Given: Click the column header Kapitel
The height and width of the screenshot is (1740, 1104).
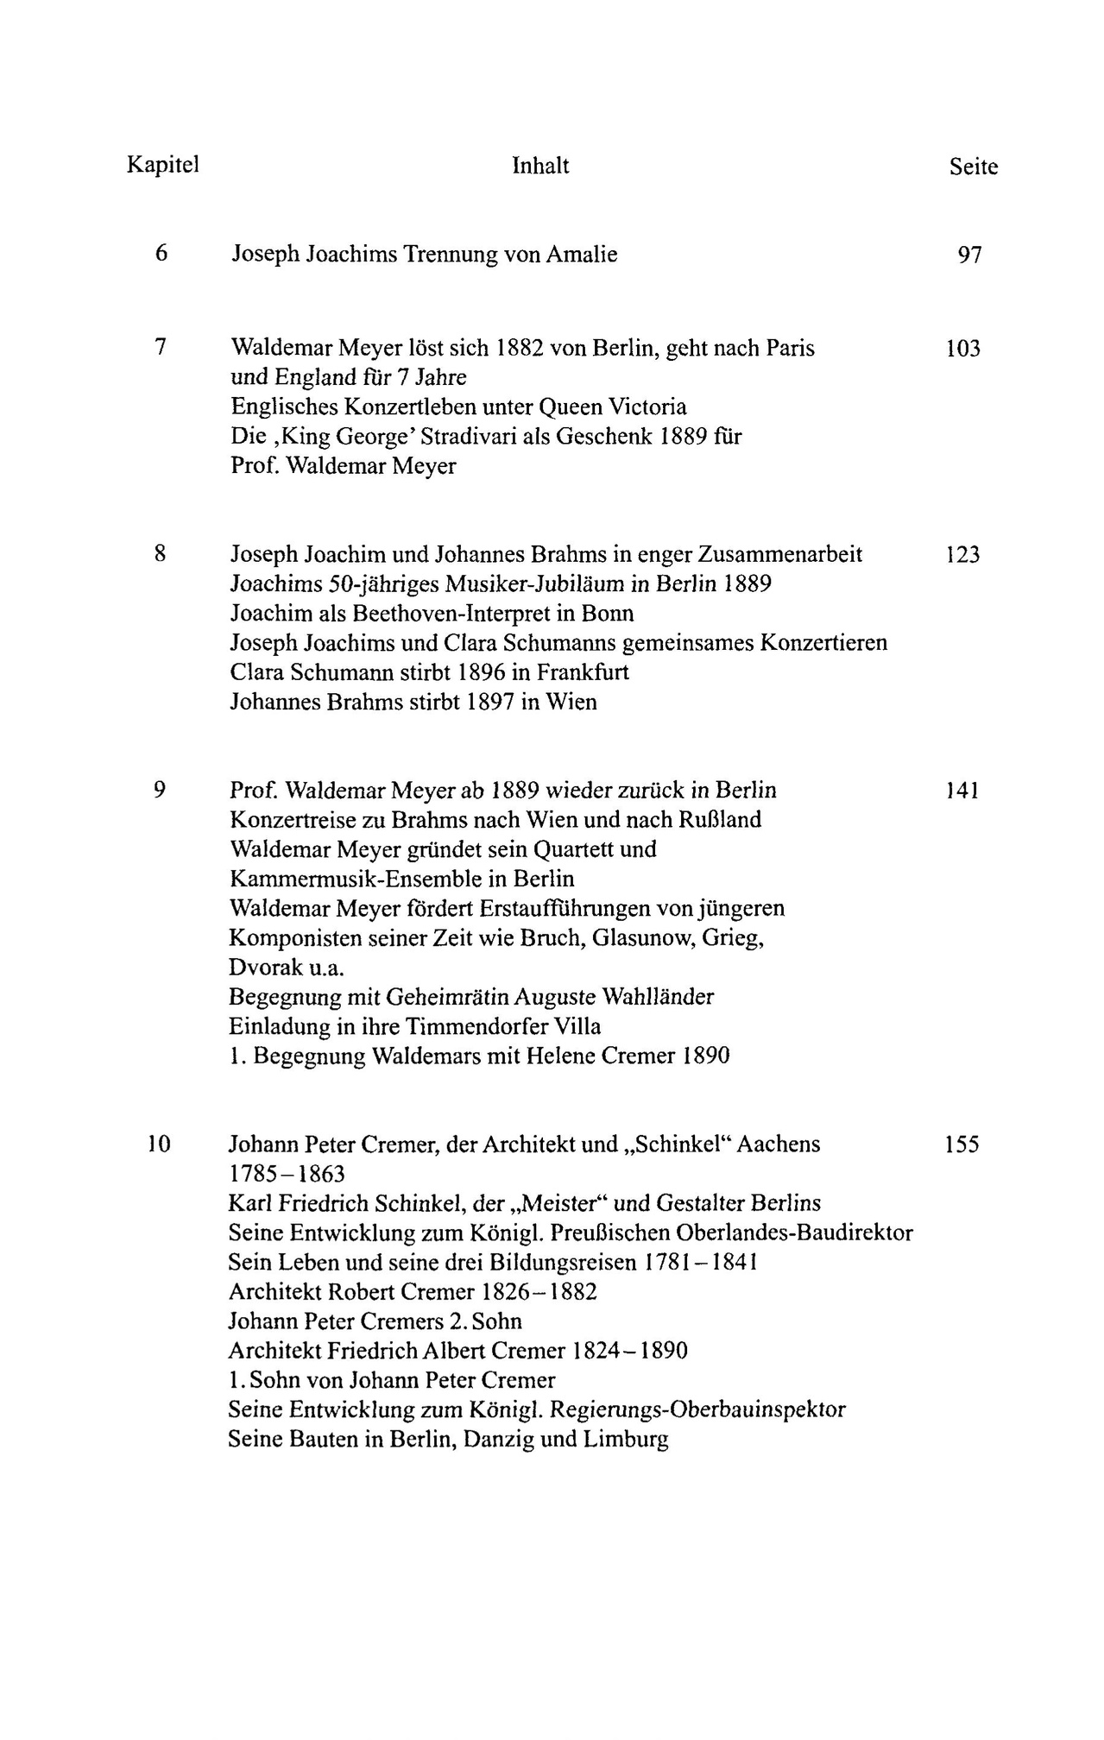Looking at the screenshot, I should [x=163, y=165].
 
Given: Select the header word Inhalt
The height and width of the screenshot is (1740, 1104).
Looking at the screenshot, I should [x=540, y=165].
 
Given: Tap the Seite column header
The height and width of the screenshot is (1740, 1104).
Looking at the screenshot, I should [x=973, y=167].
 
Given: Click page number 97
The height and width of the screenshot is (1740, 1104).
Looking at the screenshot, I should [x=969, y=255].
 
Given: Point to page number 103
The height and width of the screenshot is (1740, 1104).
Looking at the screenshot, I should [x=963, y=350].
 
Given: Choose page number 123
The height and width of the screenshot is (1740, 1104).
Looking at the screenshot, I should [x=962, y=555].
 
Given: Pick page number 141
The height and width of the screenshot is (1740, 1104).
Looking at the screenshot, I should [x=962, y=791].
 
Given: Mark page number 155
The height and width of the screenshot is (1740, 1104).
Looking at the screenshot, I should [x=962, y=1145].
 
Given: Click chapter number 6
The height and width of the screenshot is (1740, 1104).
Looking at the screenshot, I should [x=161, y=254].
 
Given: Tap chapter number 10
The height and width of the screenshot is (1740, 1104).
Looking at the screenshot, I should [x=159, y=1144].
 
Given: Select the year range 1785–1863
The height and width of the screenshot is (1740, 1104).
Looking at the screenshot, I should [x=287, y=1175].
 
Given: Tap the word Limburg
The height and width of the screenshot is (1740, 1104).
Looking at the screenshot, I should [x=627, y=1440].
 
